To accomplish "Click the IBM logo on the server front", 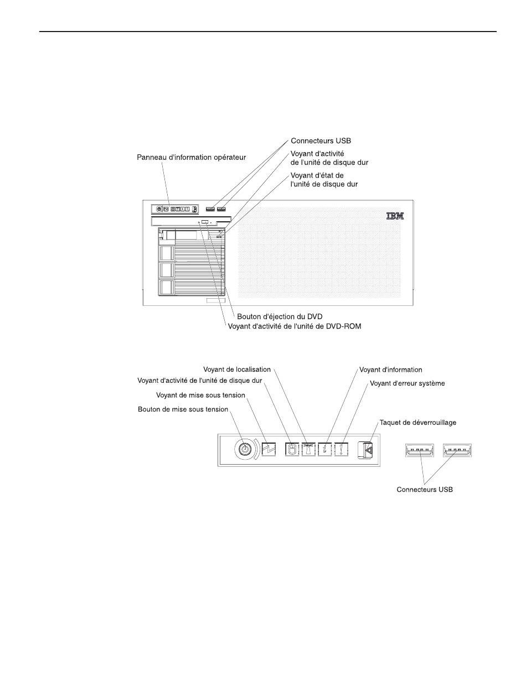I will (395, 216).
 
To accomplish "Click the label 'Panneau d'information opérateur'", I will (191, 158).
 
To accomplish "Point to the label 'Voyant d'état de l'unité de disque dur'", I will (324, 180).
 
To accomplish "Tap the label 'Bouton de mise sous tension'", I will (183, 409).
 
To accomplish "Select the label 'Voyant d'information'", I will (391, 370).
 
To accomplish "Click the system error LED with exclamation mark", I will (344, 451).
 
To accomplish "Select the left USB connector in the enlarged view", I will (421, 451).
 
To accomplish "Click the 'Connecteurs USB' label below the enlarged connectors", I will (425, 490).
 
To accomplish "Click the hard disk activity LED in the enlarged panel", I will (292, 451).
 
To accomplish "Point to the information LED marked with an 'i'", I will (326, 451).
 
